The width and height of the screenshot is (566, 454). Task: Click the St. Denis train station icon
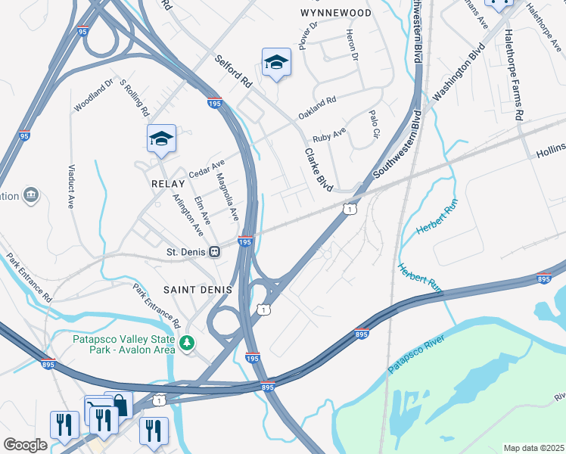click(x=215, y=250)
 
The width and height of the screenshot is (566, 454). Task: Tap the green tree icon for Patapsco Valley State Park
click(x=187, y=344)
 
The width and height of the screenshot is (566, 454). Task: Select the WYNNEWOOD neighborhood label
click(x=336, y=14)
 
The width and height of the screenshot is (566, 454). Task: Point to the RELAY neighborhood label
click(x=167, y=184)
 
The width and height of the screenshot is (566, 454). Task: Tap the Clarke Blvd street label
click(x=319, y=169)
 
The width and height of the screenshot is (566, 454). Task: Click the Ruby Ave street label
click(x=329, y=135)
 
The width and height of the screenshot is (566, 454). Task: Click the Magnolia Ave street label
click(x=227, y=197)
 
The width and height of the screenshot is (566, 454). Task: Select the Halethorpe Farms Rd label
click(x=512, y=76)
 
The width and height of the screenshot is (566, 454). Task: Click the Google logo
click(x=25, y=445)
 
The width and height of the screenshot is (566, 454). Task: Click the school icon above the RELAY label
click(x=161, y=138)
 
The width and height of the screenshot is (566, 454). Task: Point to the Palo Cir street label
click(x=373, y=125)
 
